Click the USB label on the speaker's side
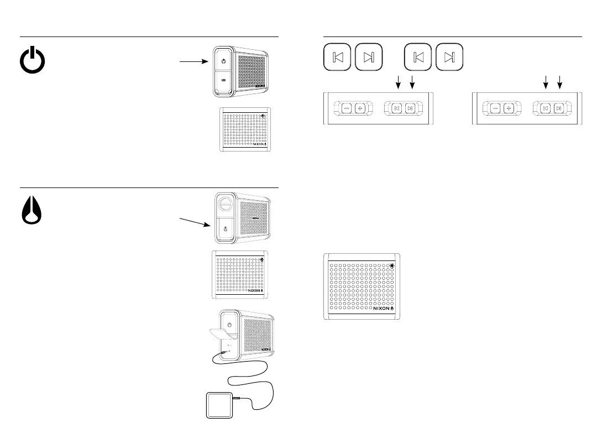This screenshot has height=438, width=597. point(224,81)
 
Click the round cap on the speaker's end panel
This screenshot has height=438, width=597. point(225,204)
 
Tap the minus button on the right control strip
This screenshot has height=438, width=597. point(495,108)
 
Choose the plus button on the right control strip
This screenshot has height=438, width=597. point(509,108)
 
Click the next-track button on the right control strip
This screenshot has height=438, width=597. point(559,108)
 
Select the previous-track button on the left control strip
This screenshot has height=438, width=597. point(396,108)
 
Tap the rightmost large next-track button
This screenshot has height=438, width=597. point(449,57)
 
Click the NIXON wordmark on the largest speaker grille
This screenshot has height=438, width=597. point(382,309)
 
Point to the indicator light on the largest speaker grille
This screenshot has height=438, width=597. point(392,266)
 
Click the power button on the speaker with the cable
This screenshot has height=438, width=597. point(228,321)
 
